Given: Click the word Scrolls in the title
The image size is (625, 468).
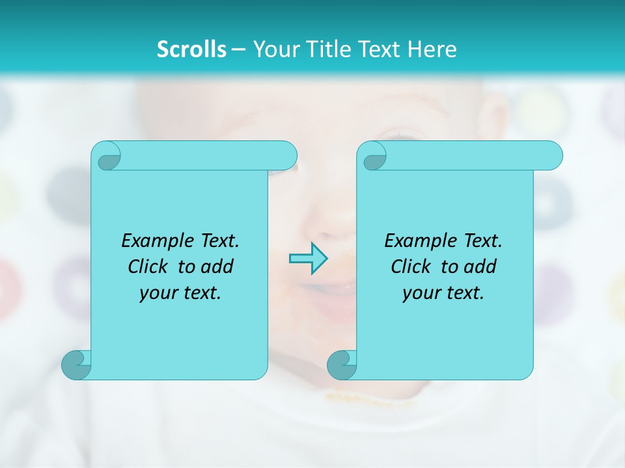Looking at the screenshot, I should [x=192, y=49].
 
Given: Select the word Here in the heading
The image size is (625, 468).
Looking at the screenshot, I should [x=432, y=49].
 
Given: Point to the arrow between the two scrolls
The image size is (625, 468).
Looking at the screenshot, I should [x=308, y=259].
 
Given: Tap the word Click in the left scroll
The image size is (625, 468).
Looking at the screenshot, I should [x=147, y=266].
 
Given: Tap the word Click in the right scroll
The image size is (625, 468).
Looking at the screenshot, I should [x=410, y=266].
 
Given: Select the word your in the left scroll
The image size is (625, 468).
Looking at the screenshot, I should [x=159, y=293].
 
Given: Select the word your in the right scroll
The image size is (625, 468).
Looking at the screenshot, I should [x=422, y=293].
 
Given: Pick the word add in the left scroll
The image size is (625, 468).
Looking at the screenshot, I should [x=218, y=266].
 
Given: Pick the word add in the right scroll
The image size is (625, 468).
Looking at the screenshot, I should [x=481, y=266].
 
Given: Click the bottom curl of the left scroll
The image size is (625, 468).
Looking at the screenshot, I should [x=76, y=365].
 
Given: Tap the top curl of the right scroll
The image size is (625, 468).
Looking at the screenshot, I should [x=374, y=156].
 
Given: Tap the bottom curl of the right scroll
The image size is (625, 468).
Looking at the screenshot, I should [x=342, y=365].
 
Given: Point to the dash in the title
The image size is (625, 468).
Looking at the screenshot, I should [x=238, y=50].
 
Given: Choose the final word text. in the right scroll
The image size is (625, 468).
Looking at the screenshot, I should [x=464, y=293].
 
